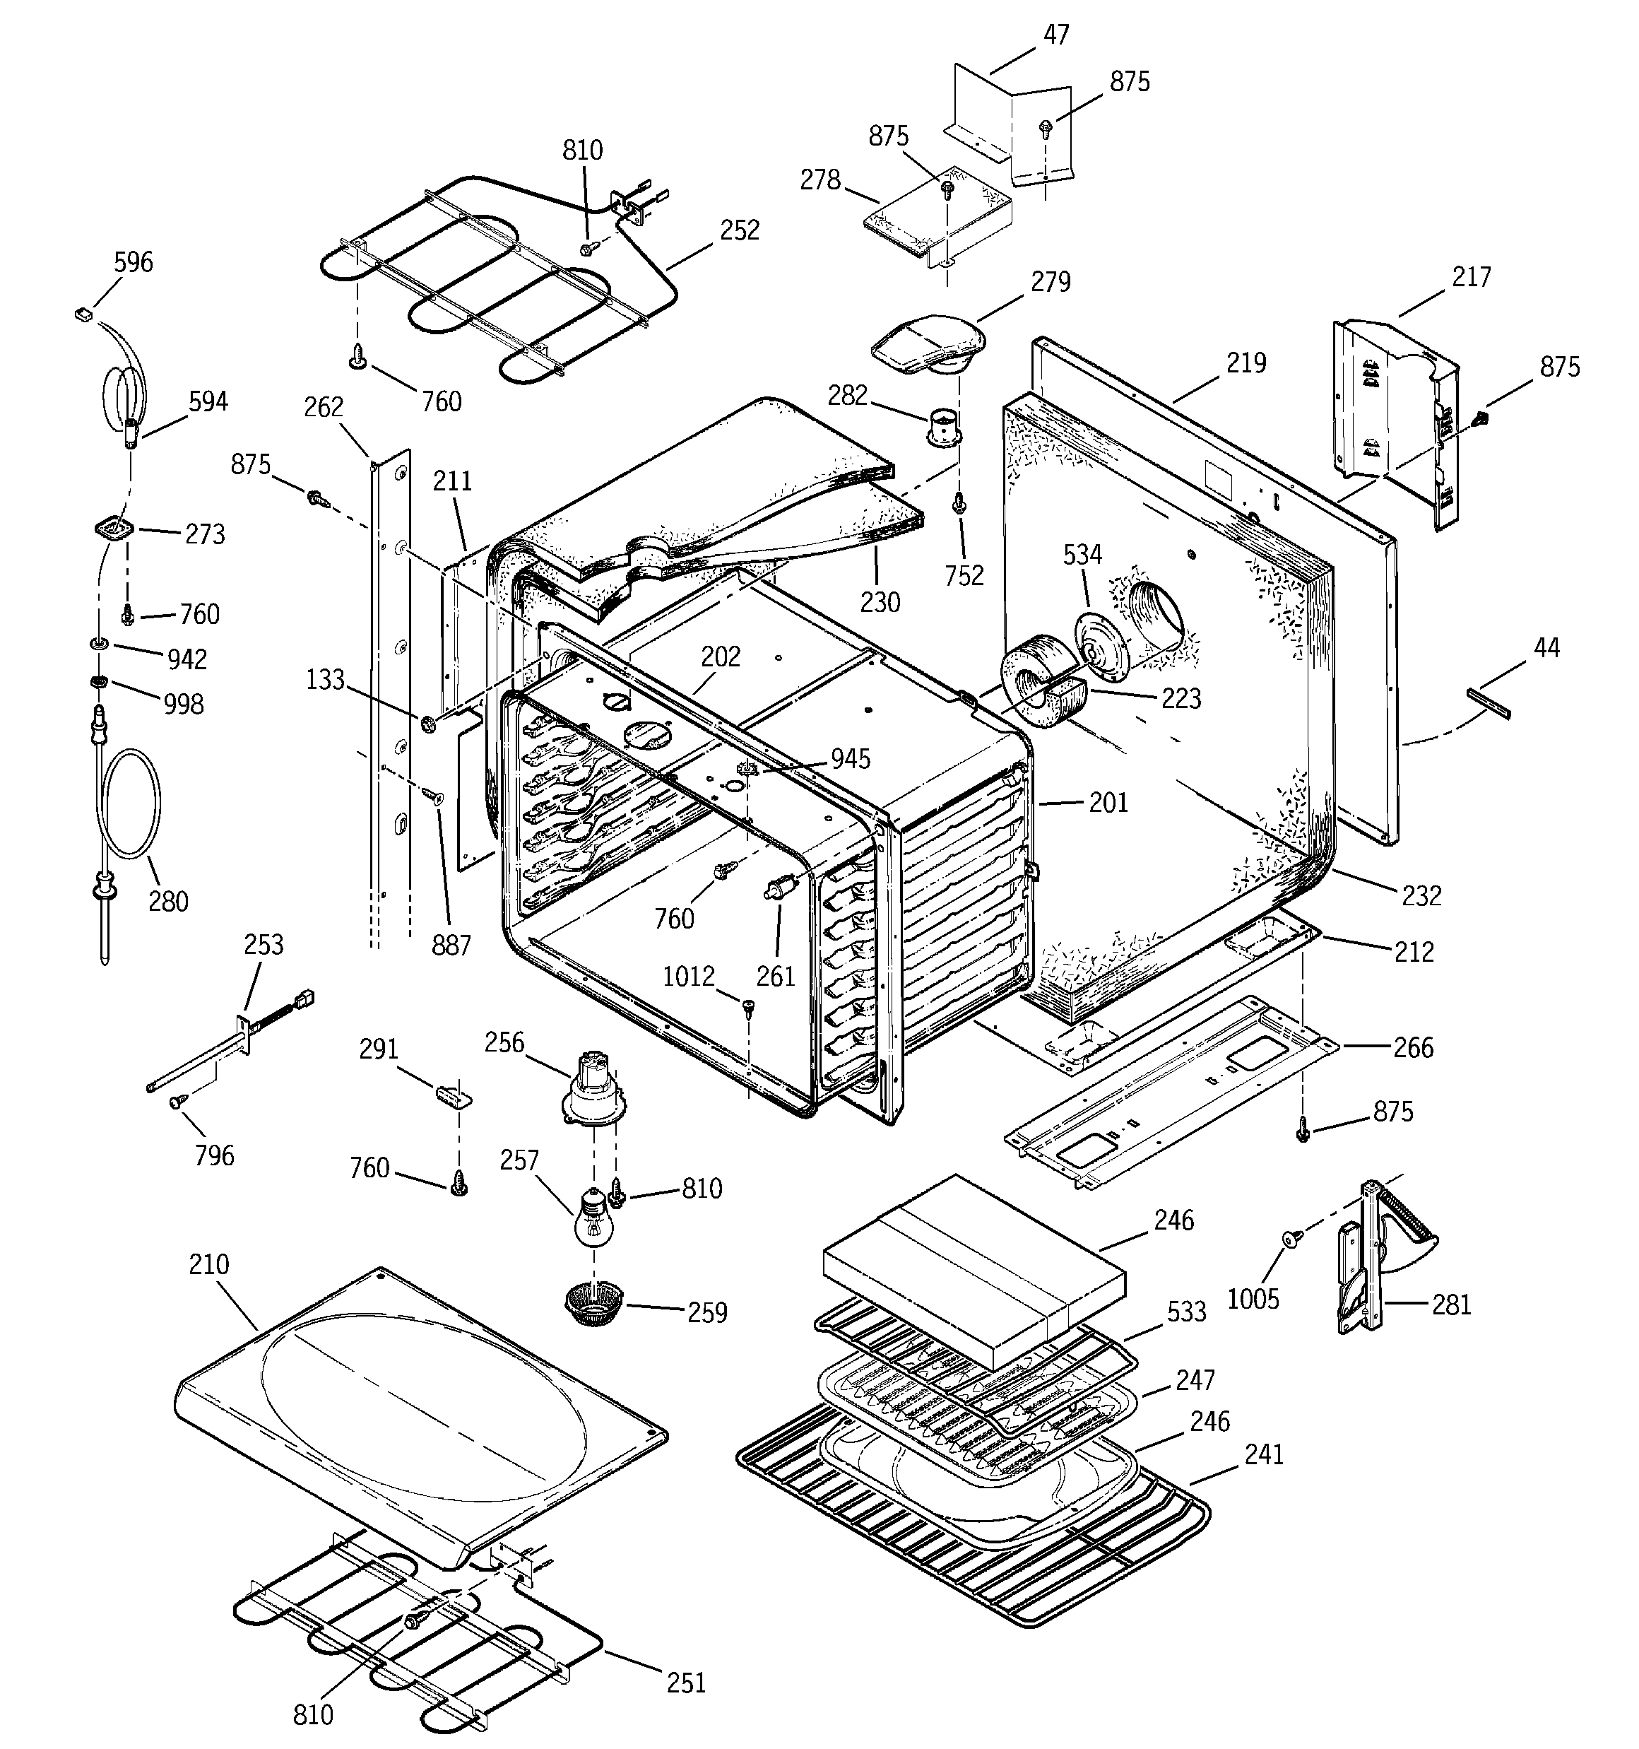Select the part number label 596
click(134, 262)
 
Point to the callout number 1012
click(688, 977)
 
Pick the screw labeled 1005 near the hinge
click(1291, 1239)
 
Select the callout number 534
click(1082, 554)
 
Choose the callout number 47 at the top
click(1055, 35)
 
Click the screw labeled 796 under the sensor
click(179, 1100)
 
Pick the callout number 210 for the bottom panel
click(208, 1264)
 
